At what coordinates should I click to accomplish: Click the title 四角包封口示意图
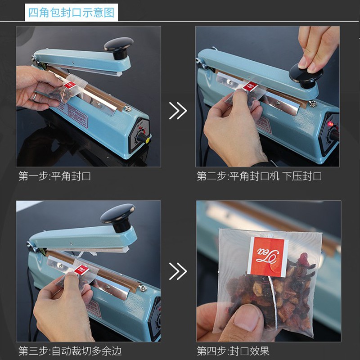71,13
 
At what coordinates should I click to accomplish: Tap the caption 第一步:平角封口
55,176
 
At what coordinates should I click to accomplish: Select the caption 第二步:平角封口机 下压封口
260,176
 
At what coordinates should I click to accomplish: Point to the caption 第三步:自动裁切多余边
70,351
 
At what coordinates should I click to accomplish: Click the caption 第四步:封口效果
233,351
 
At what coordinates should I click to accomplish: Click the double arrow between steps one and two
178,111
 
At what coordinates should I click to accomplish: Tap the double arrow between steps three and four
178,271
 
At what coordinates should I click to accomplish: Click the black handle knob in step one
119,48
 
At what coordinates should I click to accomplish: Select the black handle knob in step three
118,217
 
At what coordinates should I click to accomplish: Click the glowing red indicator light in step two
331,124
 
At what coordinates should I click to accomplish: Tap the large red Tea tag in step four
268,257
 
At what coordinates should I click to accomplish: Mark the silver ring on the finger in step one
35,96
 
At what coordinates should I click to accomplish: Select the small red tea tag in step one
70,85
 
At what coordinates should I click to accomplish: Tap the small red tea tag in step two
251,86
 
